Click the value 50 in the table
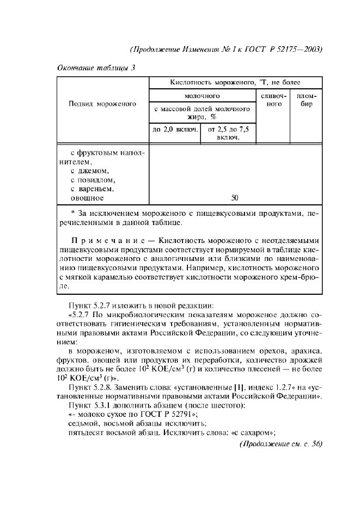235,198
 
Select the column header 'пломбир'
307,100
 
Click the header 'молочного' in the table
202,95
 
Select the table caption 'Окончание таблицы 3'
96,68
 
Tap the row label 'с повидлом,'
94,180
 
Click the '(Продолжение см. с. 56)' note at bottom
281,442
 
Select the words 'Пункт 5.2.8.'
91,386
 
